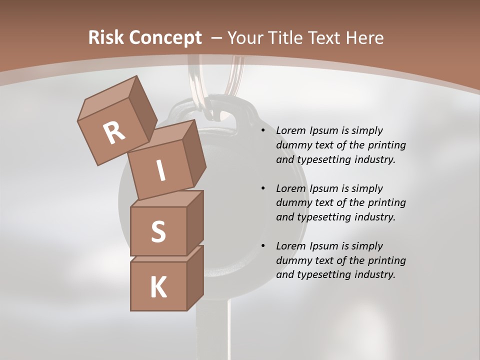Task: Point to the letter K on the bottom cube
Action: point(158,287)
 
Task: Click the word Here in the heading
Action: point(364,37)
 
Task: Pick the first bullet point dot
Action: point(263,131)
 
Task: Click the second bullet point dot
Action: point(263,188)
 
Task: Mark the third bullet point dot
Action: point(263,246)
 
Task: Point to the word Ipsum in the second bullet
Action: point(324,188)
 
